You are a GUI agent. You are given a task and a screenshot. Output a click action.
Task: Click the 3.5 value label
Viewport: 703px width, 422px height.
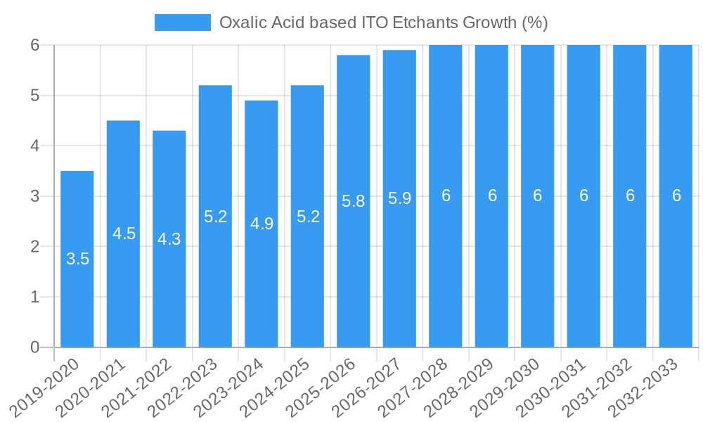[77, 259]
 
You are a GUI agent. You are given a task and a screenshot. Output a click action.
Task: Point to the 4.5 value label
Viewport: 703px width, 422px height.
[124, 234]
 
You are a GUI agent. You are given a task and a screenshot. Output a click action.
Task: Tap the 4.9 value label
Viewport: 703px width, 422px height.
[262, 224]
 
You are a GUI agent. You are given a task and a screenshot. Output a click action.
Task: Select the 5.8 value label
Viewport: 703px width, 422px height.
[353, 201]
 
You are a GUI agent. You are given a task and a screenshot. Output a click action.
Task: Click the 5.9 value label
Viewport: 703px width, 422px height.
[399, 198]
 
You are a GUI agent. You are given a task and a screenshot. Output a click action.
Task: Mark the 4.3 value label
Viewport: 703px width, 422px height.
[169, 239]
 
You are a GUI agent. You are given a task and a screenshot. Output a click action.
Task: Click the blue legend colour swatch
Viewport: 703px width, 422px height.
[183, 23]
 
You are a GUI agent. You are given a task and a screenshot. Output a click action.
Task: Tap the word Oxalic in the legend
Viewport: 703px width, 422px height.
[241, 23]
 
